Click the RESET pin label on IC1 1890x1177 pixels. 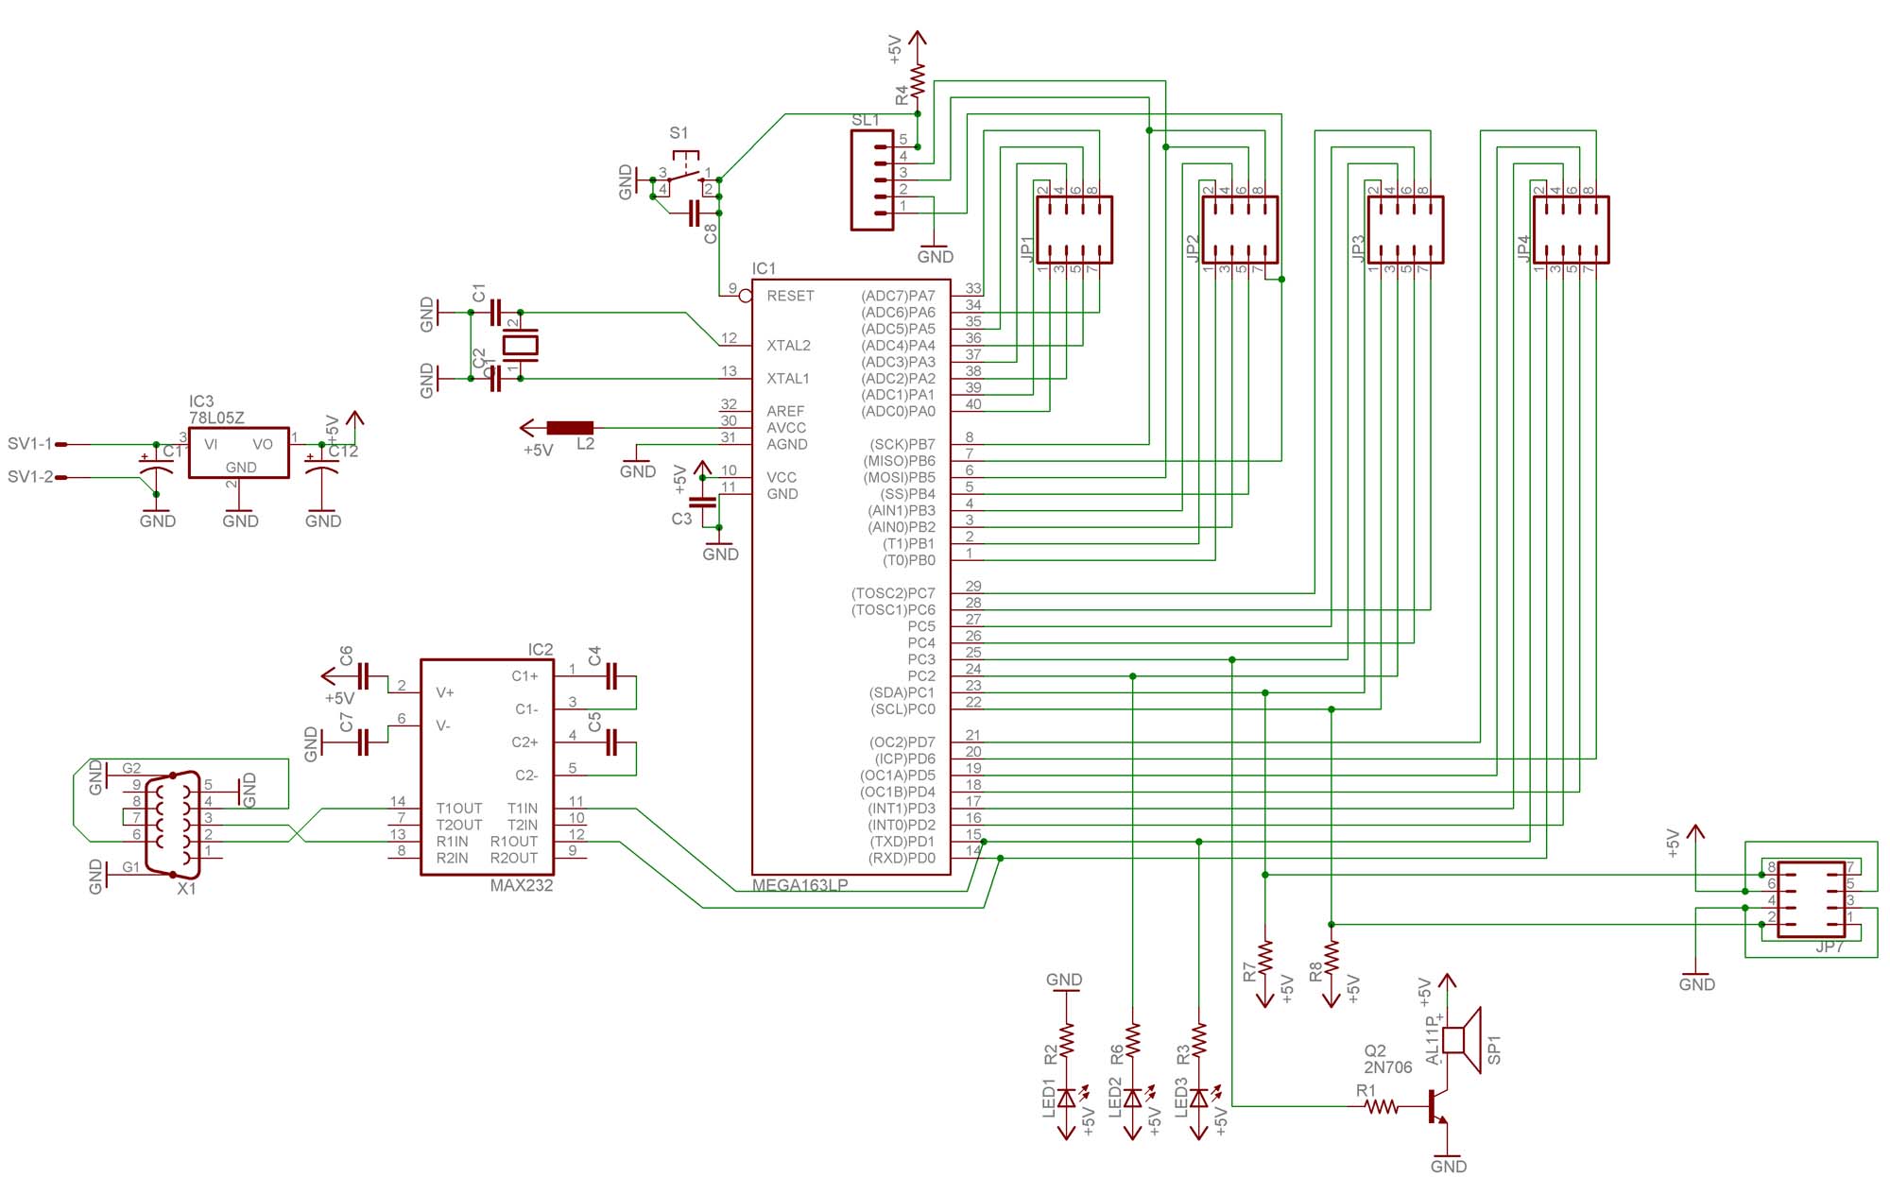click(790, 296)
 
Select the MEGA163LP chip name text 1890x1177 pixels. click(799, 885)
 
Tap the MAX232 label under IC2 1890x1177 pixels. click(521, 885)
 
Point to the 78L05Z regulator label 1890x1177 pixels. click(216, 418)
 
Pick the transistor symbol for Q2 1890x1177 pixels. click(1436, 1106)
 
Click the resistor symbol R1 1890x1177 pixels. click(1381, 1106)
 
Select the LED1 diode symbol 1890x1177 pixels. click(1067, 1098)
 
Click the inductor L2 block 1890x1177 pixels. click(570, 428)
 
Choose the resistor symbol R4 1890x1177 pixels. click(918, 81)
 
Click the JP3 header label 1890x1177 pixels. click(1358, 247)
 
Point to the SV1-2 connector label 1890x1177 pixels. click(30, 477)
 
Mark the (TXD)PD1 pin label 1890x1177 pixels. click(902, 842)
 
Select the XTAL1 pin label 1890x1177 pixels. click(788, 379)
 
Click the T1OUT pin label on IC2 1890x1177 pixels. click(459, 809)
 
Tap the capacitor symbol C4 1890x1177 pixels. click(610, 676)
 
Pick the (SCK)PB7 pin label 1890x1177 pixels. click(902, 444)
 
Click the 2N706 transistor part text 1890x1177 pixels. click(1387, 1067)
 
